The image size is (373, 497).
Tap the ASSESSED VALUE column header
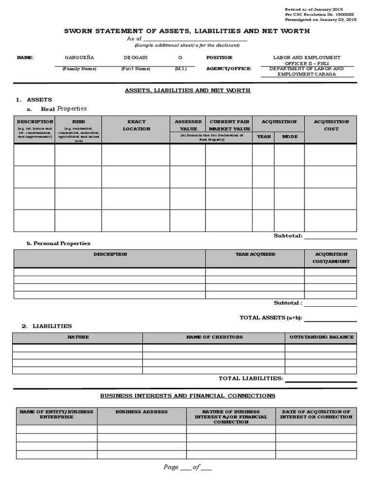click(187, 125)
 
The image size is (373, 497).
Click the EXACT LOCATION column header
click(136, 125)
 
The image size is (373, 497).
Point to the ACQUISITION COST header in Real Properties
click(331, 125)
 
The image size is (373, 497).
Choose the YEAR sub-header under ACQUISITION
click(263, 137)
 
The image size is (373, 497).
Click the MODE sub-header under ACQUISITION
click(289, 137)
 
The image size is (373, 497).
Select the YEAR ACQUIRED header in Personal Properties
click(255, 254)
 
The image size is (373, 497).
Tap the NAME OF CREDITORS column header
click(214, 337)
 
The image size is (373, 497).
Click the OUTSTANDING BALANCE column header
click(321, 337)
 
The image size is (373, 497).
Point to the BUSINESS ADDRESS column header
click(141, 412)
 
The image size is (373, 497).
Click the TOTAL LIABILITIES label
click(250, 378)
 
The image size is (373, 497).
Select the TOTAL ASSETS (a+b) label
click(271, 318)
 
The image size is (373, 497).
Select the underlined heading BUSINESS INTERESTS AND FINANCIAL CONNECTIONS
click(187, 396)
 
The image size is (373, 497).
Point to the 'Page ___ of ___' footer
click(187, 467)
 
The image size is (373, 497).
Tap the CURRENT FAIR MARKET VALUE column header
click(229, 125)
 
